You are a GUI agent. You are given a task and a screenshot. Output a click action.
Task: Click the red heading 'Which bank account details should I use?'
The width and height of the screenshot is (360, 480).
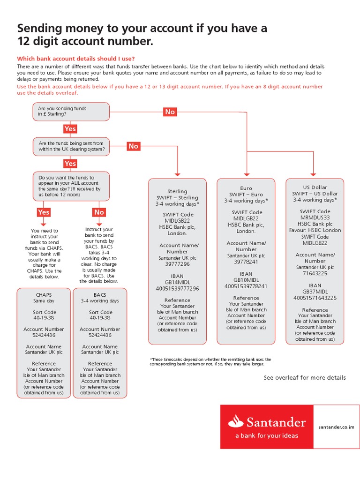76,59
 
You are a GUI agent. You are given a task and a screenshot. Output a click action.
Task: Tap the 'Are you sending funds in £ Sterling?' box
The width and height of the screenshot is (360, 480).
71,112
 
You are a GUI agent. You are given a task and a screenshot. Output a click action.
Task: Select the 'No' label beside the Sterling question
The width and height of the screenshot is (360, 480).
170,112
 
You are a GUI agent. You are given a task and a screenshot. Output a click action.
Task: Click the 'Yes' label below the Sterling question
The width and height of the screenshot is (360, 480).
70,129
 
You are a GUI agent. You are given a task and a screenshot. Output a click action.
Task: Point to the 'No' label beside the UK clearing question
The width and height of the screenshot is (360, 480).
134,146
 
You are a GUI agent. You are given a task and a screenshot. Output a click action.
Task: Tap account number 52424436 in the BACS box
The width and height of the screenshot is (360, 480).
100,335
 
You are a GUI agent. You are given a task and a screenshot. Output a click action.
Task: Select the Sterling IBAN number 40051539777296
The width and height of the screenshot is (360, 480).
177,289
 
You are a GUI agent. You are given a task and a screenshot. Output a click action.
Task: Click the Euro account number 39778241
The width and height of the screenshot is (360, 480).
246,262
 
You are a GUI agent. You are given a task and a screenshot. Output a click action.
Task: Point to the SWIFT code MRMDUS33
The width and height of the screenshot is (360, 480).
315,217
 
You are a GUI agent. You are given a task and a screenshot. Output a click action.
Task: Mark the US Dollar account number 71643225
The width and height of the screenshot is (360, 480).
315,273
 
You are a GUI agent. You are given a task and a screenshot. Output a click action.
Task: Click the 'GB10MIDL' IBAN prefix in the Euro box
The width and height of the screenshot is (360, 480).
246,280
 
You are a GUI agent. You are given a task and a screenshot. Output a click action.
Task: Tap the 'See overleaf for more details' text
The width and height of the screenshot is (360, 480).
305,377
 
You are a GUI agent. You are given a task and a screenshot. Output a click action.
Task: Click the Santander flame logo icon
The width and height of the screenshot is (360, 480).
236,422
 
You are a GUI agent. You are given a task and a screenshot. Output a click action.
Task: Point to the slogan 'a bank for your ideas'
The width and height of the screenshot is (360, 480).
267,435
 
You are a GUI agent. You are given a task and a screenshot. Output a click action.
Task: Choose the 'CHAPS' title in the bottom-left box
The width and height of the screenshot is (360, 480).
44,295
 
